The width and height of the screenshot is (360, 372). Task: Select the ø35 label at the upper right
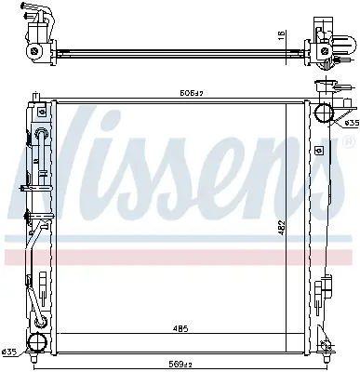[x=351, y=123]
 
